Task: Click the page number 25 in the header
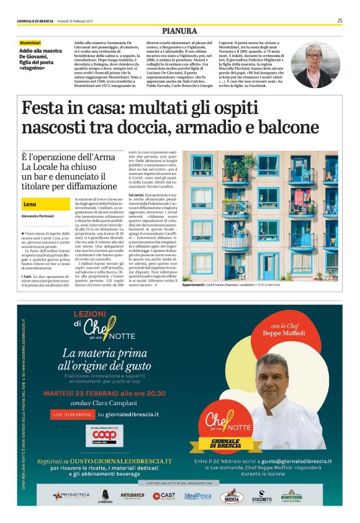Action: pos(340,20)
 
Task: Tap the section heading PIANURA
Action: pos(179,31)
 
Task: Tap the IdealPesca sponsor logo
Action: pos(197,496)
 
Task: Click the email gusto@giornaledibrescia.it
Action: pos(294,462)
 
